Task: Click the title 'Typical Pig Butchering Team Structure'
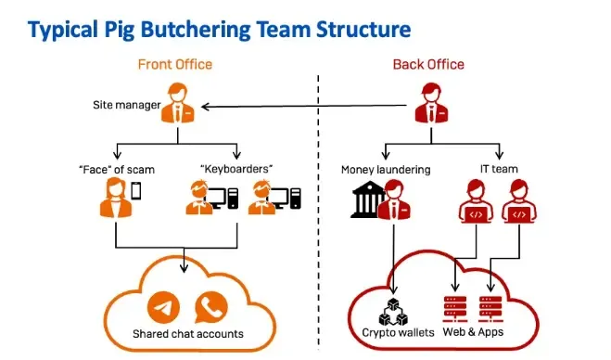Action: coord(219,29)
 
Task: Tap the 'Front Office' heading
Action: coord(175,64)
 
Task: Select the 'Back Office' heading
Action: coord(428,64)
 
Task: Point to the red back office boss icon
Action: coord(430,103)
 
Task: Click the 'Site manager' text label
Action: coord(124,104)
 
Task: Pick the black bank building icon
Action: coord(366,200)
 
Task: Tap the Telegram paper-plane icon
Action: coord(165,305)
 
